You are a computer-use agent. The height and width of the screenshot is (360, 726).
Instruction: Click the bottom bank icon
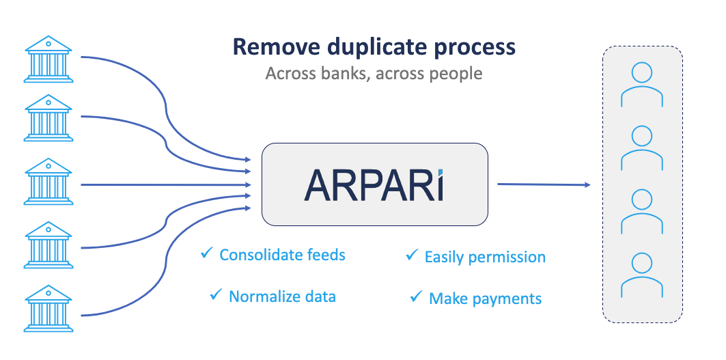pyautogui.click(x=48, y=309)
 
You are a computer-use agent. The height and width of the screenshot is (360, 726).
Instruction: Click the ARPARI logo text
pyautogui.click(x=374, y=184)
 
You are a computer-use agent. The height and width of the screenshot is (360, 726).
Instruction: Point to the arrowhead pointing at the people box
pyautogui.click(x=585, y=184)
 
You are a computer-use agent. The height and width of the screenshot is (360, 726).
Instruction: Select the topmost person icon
pyautogui.click(x=641, y=85)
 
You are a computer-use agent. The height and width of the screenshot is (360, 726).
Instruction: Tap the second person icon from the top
pyautogui.click(x=641, y=148)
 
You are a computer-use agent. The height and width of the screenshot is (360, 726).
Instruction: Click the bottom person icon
pyautogui.click(x=641, y=275)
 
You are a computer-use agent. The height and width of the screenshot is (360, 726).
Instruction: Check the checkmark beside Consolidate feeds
pyautogui.click(x=206, y=254)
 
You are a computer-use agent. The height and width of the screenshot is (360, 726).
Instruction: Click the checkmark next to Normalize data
pyautogui.click(x=216, y=294)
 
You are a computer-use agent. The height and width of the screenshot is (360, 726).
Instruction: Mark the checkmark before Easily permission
pyautogui.click(x=411, y=255)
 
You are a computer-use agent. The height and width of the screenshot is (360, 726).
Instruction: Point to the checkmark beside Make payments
pyautogui.click(x=415, y=296)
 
